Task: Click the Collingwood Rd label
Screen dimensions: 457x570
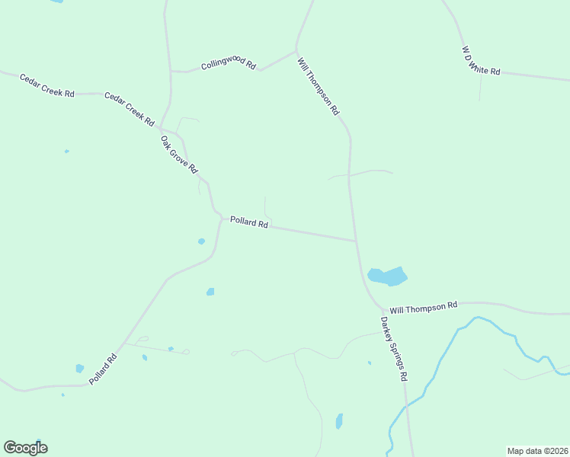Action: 228,65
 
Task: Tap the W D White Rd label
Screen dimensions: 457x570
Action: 481,61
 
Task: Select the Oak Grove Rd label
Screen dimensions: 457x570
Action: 179,154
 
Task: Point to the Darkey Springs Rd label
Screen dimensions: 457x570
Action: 394,349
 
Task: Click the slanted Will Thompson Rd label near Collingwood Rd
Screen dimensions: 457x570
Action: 319,85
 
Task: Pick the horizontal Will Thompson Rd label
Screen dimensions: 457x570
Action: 423,307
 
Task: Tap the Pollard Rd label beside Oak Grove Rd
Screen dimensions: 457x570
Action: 249,223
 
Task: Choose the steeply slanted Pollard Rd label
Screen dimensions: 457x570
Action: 103,368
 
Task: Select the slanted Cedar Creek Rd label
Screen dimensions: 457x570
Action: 130,109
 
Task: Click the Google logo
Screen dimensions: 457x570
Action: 25,447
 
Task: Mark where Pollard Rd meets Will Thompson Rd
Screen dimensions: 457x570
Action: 356,241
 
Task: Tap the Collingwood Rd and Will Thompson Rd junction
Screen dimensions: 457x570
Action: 296,53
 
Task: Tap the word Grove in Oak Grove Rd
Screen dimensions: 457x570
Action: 180,155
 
